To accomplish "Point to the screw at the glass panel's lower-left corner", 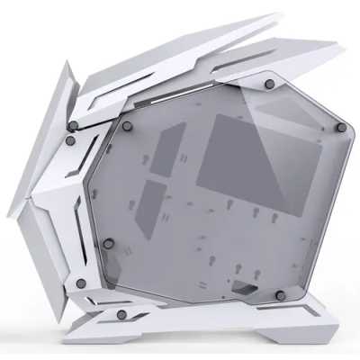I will (109, 244).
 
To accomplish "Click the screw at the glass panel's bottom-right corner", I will (280, 295).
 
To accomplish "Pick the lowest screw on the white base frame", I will (120, 314).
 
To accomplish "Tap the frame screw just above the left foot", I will (81, 283).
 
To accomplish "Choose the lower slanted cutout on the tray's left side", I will (154, 196).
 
